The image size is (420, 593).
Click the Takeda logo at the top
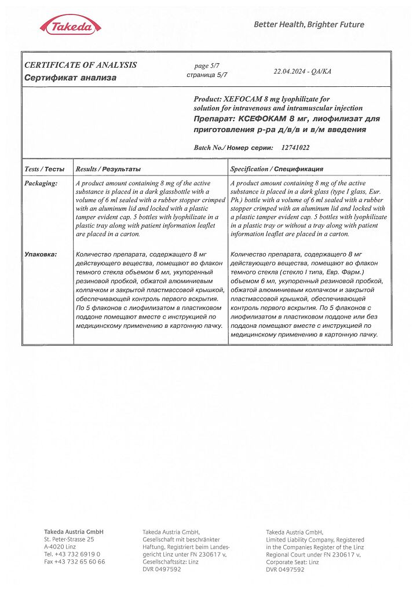point(71,25)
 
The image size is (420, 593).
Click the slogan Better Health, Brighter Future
point(309,24)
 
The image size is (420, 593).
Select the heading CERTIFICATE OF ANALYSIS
point(81,65)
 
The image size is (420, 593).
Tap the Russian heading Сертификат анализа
point(70,77)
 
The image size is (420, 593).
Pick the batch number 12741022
point(295,148)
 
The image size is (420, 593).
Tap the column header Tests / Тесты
point(45,169)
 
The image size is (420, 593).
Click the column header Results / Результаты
point(108,169)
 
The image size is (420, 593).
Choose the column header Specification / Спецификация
point(276,169)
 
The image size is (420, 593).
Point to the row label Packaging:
point(41,183)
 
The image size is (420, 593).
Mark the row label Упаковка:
point(41,254)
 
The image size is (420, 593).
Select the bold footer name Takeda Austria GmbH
point(74,532)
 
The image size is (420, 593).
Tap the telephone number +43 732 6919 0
point(78,554)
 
